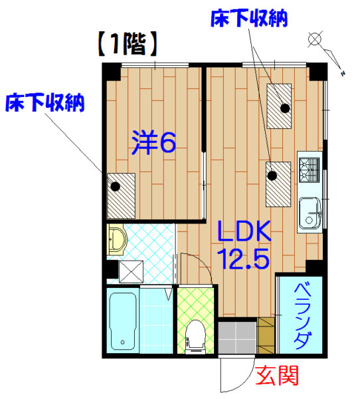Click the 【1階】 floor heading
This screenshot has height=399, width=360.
[128, 44]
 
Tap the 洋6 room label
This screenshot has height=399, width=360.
[154, 143]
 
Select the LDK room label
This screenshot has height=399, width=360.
[244, 231]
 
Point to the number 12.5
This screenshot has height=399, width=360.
[245, 259]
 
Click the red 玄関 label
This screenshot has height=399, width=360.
[276, 376]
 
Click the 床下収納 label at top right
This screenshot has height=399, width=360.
[249, 19]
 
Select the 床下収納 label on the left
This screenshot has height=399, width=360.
[45, 103]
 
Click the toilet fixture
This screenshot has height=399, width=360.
[195, 337]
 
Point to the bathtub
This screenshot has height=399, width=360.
[122, 321]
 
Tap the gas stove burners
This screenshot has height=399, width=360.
[309, 170]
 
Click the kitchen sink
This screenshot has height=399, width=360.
[310, 213]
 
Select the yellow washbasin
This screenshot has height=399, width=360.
[117, 239]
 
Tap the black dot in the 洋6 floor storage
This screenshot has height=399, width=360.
[115, 186]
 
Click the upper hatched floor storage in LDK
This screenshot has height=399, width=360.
[279, 106]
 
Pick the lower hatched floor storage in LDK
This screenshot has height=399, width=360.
[278, 184]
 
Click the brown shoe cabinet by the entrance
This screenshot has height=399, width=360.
[266, 335]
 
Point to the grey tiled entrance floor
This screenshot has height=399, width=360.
[237, 337]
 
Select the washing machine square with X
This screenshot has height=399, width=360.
[131, 271]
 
